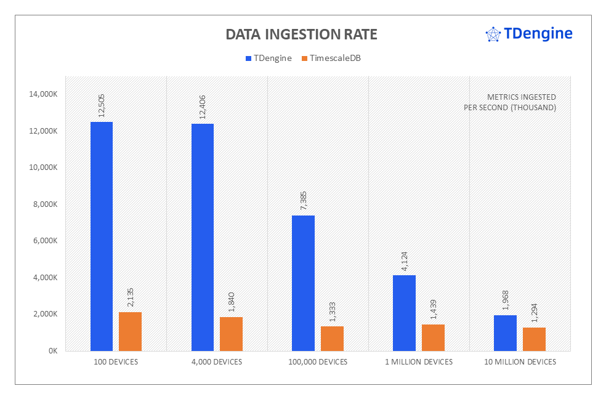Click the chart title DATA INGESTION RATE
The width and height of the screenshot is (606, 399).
(x=301, y=34)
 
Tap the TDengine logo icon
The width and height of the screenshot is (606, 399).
(x=493, y=34)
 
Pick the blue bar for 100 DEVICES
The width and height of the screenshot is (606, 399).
(x=102, y=236)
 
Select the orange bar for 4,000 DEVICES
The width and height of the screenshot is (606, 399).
(x=231, y=334)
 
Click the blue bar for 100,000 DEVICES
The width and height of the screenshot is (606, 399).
(x=303, y=283)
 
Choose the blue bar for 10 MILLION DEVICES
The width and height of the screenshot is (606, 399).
(x=505, y=333)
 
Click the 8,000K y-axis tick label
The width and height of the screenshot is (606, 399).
(x=45, y=204)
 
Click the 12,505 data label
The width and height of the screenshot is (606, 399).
(x=102, y=105)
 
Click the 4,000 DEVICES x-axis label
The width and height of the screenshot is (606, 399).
(x=217, y=362)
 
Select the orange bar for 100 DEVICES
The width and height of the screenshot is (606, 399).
(x=130, y=331)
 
